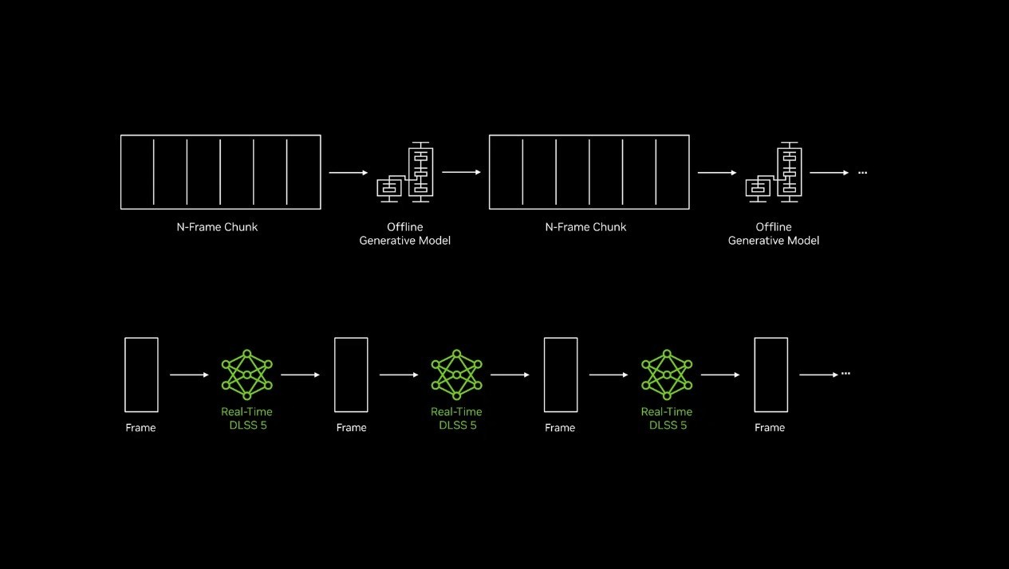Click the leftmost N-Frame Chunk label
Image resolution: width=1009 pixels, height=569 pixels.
(x=217, y=227)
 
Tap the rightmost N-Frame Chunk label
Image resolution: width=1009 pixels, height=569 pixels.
(x=585, y=227)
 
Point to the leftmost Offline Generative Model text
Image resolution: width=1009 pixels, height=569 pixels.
(x=405, y=233)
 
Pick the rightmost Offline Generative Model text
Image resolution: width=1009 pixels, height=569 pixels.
(x=774, y=233)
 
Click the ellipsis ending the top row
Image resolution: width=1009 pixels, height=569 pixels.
(x=862, y=173)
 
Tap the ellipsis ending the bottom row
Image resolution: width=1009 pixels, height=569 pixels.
(x=845, y=374)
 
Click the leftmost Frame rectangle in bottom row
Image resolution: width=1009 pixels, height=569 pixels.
(x=125, y=375)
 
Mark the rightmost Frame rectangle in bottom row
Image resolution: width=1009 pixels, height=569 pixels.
(x=755, y=375)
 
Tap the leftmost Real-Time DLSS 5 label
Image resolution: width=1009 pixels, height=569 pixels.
(x=246, y=418)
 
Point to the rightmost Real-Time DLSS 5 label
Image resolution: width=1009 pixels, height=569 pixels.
(x=667, y=418)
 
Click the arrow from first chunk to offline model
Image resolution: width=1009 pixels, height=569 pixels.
(x=349, y=172)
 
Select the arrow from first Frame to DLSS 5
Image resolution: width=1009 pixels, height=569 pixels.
(x=189, y=375)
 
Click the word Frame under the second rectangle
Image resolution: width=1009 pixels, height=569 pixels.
(x=351, y=428)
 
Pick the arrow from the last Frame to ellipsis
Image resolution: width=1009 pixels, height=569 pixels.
(x=818, y=375)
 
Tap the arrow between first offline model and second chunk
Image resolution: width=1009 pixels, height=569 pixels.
(x=461, y=172)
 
